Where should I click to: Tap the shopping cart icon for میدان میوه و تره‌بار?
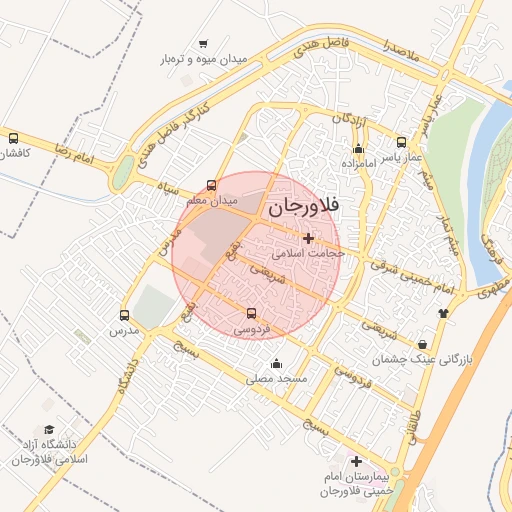point(204,44)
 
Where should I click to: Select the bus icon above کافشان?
point(13,139)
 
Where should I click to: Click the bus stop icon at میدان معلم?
point(211,185)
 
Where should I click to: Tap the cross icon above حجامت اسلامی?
point(307,238)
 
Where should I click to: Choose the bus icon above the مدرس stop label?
point(124,314)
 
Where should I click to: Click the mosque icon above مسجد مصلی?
point(277,363)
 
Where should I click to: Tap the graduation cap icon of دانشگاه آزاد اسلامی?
point(49,428)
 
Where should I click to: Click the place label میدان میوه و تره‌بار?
point(204,60)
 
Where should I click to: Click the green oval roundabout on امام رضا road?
point(122,173)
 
